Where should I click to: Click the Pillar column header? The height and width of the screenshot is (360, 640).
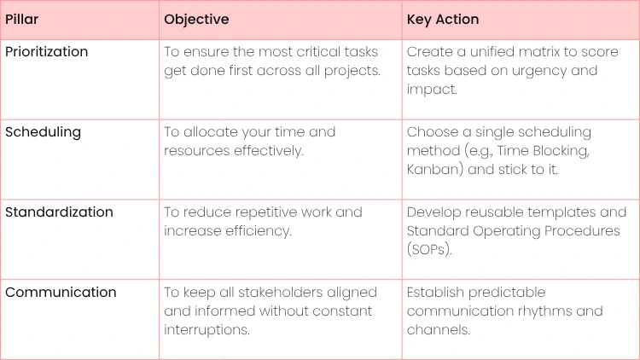[x=21, y=19]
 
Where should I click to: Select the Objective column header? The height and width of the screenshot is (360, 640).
[x=196, y=20]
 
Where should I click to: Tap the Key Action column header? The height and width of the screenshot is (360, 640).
[x=443, y=20]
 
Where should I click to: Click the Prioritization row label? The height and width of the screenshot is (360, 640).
[x=47, y=52]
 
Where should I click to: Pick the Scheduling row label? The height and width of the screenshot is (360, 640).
[x=44, y=132]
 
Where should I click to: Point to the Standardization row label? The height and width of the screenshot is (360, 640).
[x=59, y=212]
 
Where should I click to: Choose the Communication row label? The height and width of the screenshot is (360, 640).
[x=61, y=293]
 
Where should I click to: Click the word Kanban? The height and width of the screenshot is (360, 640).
[x=433, y=170]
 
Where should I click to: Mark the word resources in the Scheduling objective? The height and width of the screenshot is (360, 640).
[x=197, y=151]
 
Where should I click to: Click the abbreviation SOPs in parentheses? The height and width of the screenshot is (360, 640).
[x=428, y=249]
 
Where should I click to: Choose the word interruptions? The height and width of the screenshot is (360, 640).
[x=207, y=330]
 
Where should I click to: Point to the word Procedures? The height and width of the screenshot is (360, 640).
[x=582, y=231]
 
